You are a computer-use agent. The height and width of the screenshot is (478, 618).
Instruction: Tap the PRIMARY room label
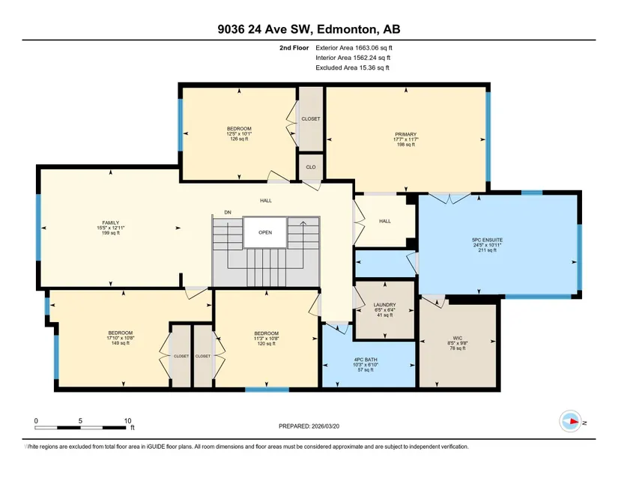pos(405,134)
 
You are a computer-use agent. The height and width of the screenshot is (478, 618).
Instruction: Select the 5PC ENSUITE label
pos(487,240)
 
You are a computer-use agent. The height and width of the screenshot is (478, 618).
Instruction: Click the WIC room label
pos(457,338)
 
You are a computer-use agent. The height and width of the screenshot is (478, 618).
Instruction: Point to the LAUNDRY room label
pos(385,305)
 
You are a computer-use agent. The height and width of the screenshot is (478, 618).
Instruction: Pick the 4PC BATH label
pos(366,360)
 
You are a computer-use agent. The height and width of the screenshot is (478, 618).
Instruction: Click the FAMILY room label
pos(110,223)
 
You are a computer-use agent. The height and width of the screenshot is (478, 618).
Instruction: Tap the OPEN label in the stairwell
pos(265,232)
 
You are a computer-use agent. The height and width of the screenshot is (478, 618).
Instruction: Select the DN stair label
pos(228,212)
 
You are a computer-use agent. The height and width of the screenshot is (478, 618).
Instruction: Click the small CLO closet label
pos(311,167)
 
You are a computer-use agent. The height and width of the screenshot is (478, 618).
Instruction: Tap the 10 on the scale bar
pos(127,421)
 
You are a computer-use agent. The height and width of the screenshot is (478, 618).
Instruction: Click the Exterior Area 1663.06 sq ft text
pos(354,48)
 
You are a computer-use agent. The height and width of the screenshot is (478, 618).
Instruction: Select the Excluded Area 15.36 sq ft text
pos(352,67)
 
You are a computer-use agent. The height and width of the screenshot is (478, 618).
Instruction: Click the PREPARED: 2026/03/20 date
pos(309,426)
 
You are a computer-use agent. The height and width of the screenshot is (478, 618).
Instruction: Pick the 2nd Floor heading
pos(294,48)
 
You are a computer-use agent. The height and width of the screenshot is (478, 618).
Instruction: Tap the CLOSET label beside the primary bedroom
pos(311,118)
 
